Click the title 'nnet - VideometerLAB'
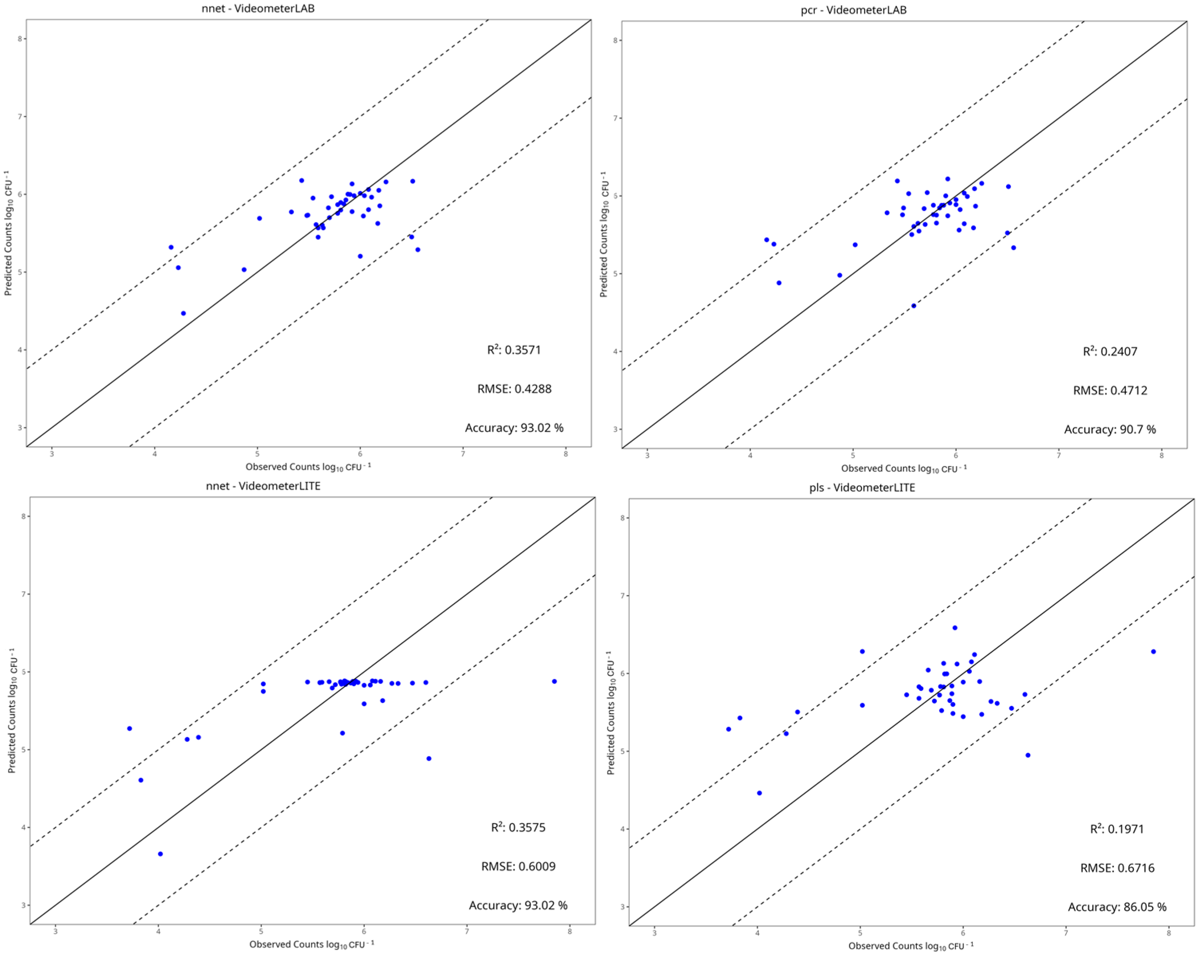click(x=258, y=8)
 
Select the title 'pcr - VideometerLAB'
click(x=853, y=10)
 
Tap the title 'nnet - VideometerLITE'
click(x=263, y=486)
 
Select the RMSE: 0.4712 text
click(x=1109, y=390)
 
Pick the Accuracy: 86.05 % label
click(x=1117, y=907)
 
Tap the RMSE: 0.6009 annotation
click(x=518, y=866)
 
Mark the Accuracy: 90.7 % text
click(x=1109, y=429)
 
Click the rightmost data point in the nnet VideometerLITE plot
click(x=554, y=681)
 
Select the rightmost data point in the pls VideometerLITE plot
click(x=1153, y=651)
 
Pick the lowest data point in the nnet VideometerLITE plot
click(x=160, y=854)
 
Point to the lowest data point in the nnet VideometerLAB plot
click(x=183, y=313)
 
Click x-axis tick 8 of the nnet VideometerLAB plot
click(x=566, y=454)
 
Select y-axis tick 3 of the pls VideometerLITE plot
click(x=623, y=907)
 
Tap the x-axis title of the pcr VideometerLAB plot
click(x=903, y=469)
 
